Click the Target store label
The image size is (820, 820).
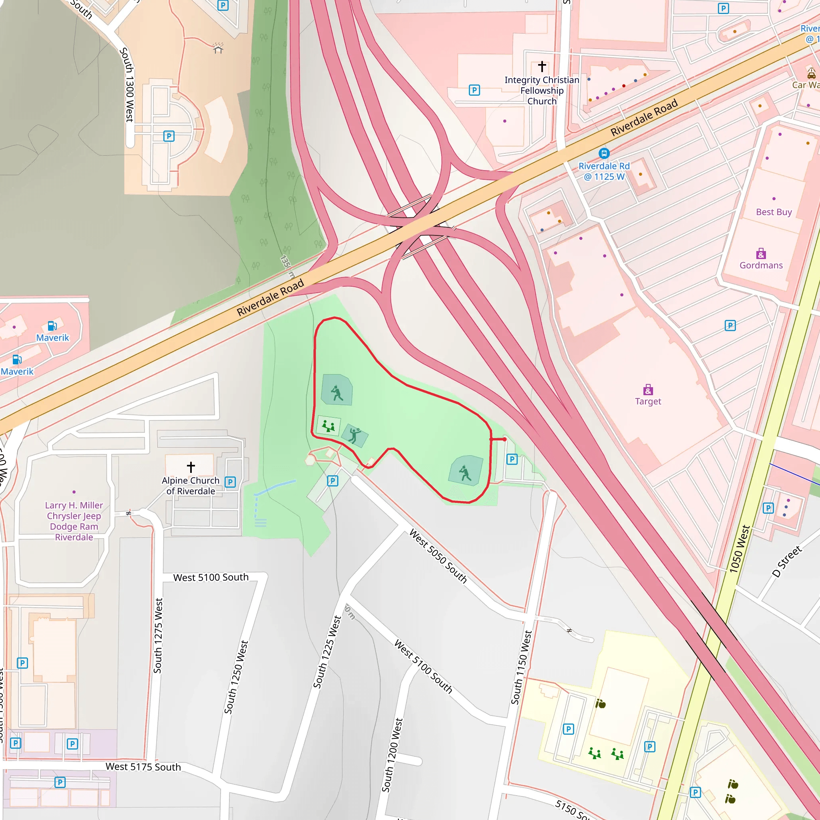[648, 401]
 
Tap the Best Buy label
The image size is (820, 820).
[773, 212]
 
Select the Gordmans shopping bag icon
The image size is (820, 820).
[761, 254]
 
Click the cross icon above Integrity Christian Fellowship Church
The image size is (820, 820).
[542, 66]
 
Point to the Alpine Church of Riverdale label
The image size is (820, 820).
[191, 486]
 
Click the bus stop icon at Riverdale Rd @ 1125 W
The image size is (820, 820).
[603, 153]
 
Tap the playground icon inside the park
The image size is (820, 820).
[328, 426]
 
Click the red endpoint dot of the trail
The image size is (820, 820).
[504, 439]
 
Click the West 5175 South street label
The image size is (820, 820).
[143, 766]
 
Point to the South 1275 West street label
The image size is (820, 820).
[158, 635]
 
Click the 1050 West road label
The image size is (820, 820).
[740, 549]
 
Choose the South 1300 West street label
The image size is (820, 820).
[127, 84]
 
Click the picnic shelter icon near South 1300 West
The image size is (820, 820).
[218, 48]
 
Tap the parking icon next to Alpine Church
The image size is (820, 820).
[230, 482]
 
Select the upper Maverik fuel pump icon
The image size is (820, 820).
[52, 326]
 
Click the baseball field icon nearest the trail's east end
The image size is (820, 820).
[465, 473]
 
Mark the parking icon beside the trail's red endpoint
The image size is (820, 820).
[512, 459]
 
